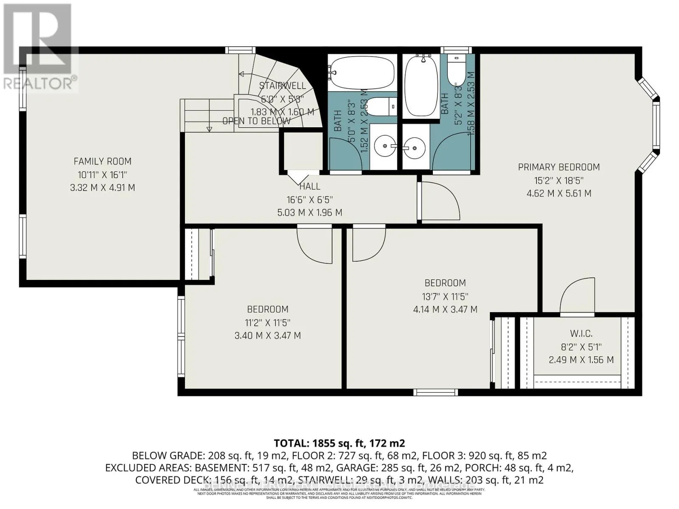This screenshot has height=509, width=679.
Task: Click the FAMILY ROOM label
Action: coord(102,161)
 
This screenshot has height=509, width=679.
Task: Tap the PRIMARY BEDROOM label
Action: coord(559,167)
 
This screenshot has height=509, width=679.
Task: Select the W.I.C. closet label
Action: coord(581,333)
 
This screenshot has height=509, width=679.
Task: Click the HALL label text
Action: coord(310,186)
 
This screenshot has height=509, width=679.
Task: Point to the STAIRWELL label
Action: coord(282,86)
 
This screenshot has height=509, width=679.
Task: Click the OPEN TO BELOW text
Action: coord(256,121)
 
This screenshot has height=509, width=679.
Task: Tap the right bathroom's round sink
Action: coord(414,148)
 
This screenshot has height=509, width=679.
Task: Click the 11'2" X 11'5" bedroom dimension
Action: coord(268,322)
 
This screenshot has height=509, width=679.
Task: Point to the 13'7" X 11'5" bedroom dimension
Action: coord(445,296)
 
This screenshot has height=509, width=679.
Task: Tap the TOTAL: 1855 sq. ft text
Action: coord(339,443)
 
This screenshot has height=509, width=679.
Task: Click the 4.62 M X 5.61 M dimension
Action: coord(559,193)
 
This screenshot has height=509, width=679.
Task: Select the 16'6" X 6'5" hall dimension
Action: coord(310,199)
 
